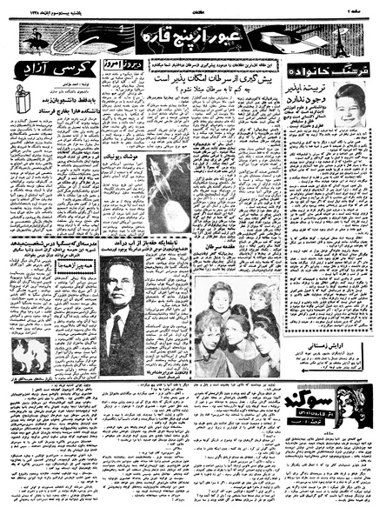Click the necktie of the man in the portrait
(114, 333)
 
